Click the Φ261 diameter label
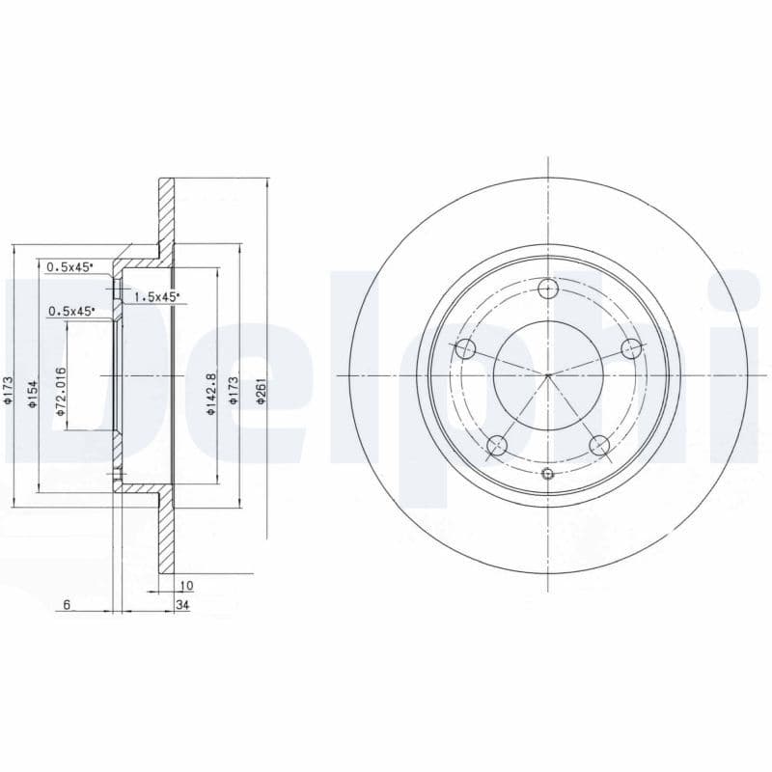260,391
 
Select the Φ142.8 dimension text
209,395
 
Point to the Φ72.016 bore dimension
60,392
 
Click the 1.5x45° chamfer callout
155,298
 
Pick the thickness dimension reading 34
182,604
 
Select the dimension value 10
186,585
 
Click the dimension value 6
67,604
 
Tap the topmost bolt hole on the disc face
547,288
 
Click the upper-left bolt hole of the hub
465,348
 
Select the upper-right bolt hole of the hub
630,348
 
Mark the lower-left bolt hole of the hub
496,445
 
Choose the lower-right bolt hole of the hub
598,445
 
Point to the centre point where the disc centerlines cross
547,374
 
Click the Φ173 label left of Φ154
8,391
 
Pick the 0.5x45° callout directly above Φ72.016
70,311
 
